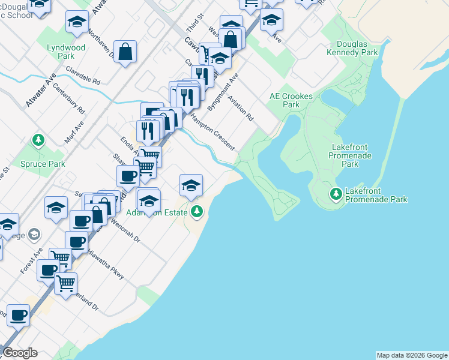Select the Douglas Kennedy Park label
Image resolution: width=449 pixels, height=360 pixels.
pyautogui.click(x=352, y=48)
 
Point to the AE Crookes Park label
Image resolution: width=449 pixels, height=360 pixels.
pyautogui.click(x=285, y=100)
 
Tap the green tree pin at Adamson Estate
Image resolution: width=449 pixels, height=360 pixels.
pyautogui.click(x=197, y=211)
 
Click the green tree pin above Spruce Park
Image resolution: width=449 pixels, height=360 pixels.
pyautogui.click(x=39, y=140)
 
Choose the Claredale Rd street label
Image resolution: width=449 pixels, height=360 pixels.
pyautogui.click(x=83, y=76)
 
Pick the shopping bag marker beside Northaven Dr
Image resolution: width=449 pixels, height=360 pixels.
pyautogui.click(x=125, y=52)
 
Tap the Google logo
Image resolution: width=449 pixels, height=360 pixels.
pyautogui.click(x=20, y=353)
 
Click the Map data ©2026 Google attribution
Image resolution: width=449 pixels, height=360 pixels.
pyautogui.click(x=412, y=355)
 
